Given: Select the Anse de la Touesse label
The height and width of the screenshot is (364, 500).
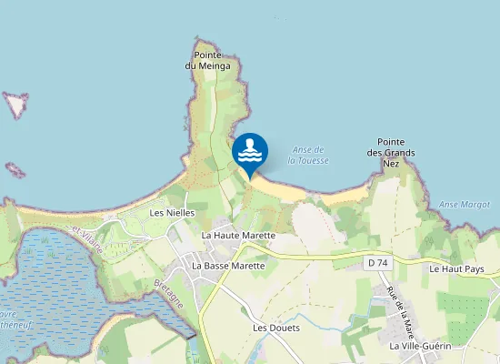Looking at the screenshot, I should click(x=308, y=155).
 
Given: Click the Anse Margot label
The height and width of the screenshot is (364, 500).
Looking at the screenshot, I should click(x=465, y=205).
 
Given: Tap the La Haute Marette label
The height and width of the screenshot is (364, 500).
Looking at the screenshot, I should click(x=238, y=235).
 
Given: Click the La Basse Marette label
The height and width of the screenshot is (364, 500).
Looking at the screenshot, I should click(x=228, y=266).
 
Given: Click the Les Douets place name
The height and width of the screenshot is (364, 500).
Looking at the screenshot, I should click(x=275, y=327).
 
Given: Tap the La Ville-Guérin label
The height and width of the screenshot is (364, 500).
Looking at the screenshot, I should click(x=420, y=347).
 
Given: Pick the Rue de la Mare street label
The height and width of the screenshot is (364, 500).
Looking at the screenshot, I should click(x=398, y=308).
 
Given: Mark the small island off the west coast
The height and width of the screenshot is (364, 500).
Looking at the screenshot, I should click(x=15, y=105).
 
